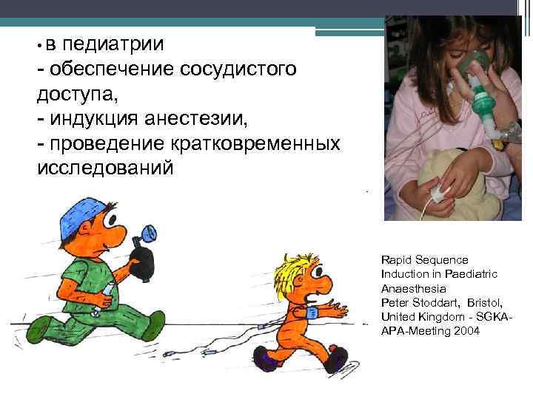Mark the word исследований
(106, 168)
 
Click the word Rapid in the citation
(396, 260)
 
